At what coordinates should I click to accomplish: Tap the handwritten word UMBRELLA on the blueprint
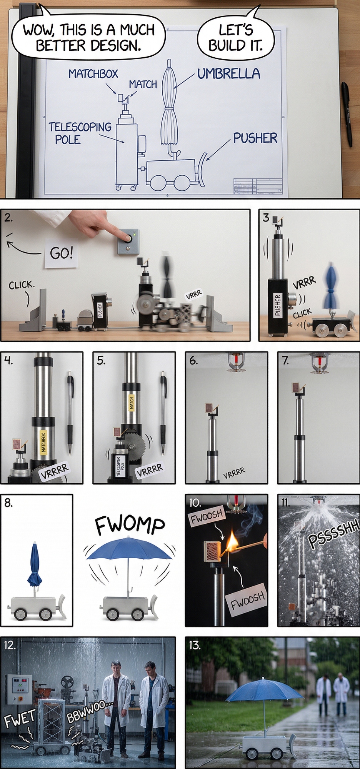tap(229, 73)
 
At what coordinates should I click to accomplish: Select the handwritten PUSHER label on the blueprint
tap(255, 138)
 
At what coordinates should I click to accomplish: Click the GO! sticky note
tap(62, 253)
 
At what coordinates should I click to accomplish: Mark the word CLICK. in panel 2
tap(22, 285)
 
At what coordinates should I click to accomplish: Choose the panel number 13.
tap(195, 645)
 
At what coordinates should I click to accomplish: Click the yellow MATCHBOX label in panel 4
tap(43, 443)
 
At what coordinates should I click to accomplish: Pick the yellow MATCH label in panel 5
tap(131, 402)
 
